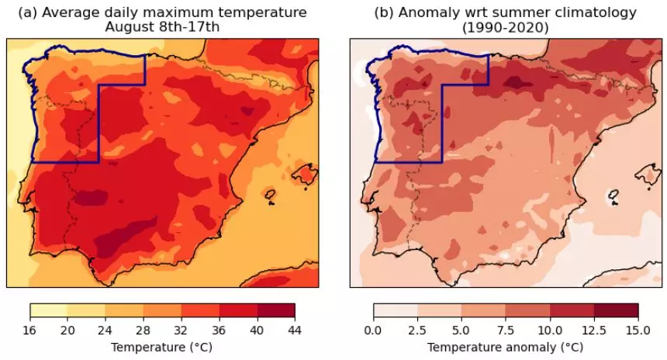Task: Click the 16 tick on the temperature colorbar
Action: click(x=29, y=329)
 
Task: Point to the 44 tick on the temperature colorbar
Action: click(x=295, y=329)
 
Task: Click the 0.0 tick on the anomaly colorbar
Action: click(x=373, y=329)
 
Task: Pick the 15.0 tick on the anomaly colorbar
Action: click(x=638, y=329)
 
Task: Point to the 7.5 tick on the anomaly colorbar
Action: click(x=506, y=329)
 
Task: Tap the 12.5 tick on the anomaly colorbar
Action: click(x=593, y=329)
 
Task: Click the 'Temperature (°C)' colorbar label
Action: click(x=162, y=345)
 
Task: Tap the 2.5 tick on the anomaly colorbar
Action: click(x=417, y=329)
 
